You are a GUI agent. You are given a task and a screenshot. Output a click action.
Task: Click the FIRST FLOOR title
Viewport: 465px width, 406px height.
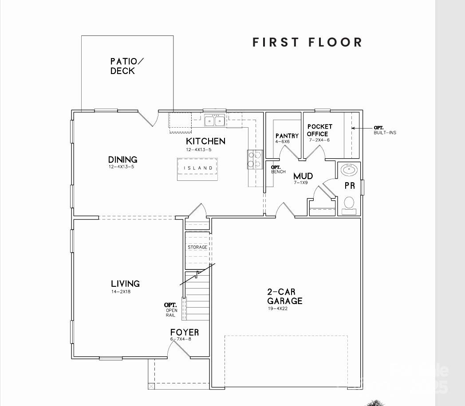coord(307,43)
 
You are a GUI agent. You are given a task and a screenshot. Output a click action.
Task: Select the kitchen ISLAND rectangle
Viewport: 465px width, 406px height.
coord(198,168)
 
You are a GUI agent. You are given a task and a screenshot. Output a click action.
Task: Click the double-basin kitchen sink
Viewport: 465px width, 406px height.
coord(214,121)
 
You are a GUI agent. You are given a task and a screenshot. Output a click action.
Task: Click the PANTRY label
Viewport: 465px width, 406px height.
coord(287,136)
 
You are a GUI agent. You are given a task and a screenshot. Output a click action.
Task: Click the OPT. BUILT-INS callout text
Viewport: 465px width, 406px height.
coord(384,130)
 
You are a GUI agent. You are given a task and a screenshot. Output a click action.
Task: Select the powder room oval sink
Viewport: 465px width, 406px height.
coord(350,169)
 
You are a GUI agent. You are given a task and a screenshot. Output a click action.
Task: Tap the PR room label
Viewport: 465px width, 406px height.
coord(350,186)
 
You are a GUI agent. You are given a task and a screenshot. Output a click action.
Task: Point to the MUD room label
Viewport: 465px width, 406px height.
coord(303,176)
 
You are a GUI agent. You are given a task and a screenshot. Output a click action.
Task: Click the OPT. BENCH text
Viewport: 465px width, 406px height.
coord(278,169)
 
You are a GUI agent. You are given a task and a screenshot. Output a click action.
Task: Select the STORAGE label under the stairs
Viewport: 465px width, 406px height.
coord(197,247)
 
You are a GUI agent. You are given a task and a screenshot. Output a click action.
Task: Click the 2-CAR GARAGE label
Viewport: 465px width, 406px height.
coord(284,297)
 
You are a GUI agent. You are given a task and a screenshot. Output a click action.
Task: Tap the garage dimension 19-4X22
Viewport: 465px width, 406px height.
coord(277,308)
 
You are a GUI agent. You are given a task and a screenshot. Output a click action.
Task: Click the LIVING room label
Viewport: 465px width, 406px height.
coord(125,284)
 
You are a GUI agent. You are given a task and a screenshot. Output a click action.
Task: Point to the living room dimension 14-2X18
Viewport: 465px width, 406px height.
coord(121,292)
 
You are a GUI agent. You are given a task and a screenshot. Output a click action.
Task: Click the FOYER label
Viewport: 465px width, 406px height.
coord(185,332)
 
